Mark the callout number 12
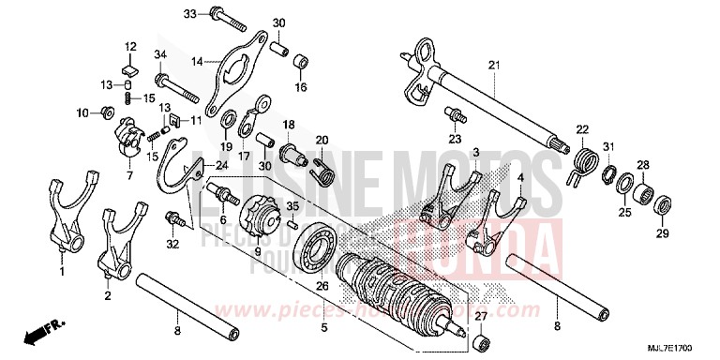tap(131, 45)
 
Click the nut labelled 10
tap(108, 113)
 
